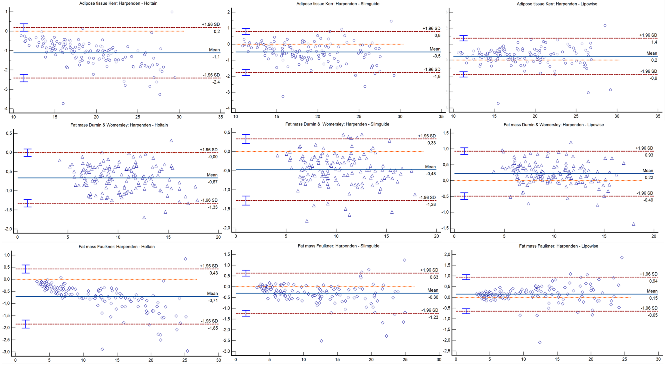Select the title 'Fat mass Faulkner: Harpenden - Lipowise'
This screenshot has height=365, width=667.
pyautogui.click(x=559, y=246)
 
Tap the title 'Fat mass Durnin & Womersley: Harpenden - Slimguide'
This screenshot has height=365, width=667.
pyautogui.click(x=337, y=124)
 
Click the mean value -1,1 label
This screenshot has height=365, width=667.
pyautogui.click(x=216, y=57)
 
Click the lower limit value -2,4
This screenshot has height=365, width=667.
pyautogui.click(x=216, y=82)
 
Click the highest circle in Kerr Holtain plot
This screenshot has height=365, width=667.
pyautogui.click(x=172, y=12)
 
